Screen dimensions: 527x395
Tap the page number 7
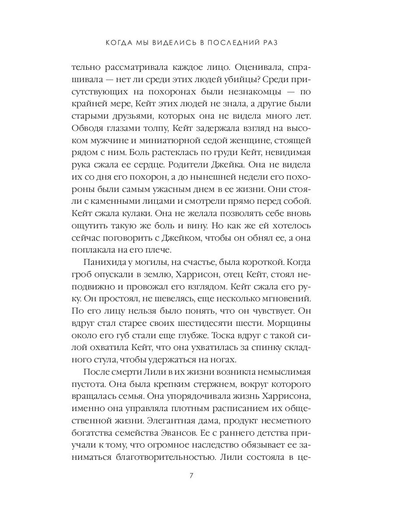click(x=191, y=476)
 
